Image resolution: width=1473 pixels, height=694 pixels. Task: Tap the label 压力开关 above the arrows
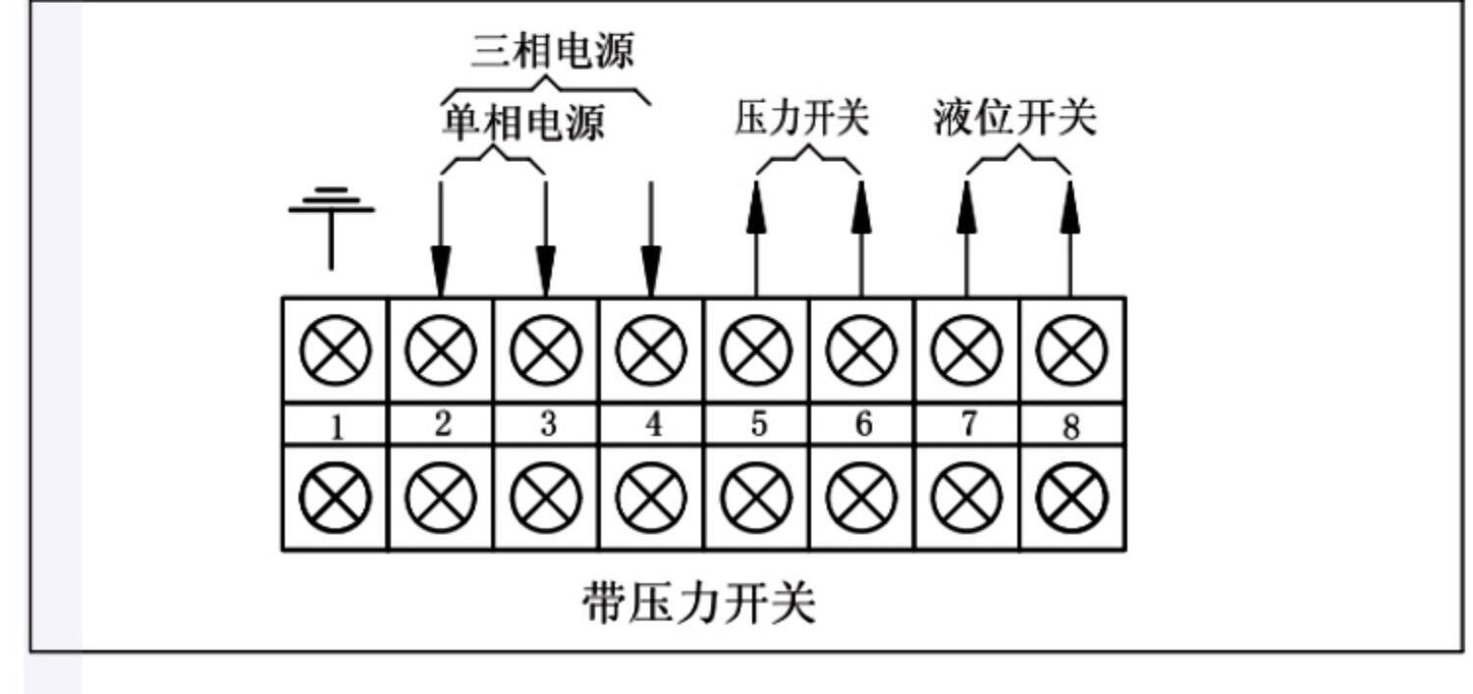(x=802, y=119)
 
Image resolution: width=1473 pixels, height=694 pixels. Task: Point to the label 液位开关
(x=1014, y=119)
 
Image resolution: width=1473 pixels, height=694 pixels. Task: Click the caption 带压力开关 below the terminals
(x=699, y=603)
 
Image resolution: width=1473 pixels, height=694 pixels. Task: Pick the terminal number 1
(x=337, y=428)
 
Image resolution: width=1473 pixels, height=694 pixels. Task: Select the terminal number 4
(x=653, y=424)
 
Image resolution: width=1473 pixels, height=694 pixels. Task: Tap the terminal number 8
(x=1071, y=427)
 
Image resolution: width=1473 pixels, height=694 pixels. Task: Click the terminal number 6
(x=863, y=424)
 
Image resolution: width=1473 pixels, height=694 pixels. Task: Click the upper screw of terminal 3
(x=546, y=350)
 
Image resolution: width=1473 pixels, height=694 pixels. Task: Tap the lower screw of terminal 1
(x=336, y=498)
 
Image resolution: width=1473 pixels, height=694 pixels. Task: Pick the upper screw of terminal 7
(x=966, y=350)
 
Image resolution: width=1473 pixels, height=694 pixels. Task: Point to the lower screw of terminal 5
(x=756, y=498)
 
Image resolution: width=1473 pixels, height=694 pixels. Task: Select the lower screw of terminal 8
(x=1071, y=498)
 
